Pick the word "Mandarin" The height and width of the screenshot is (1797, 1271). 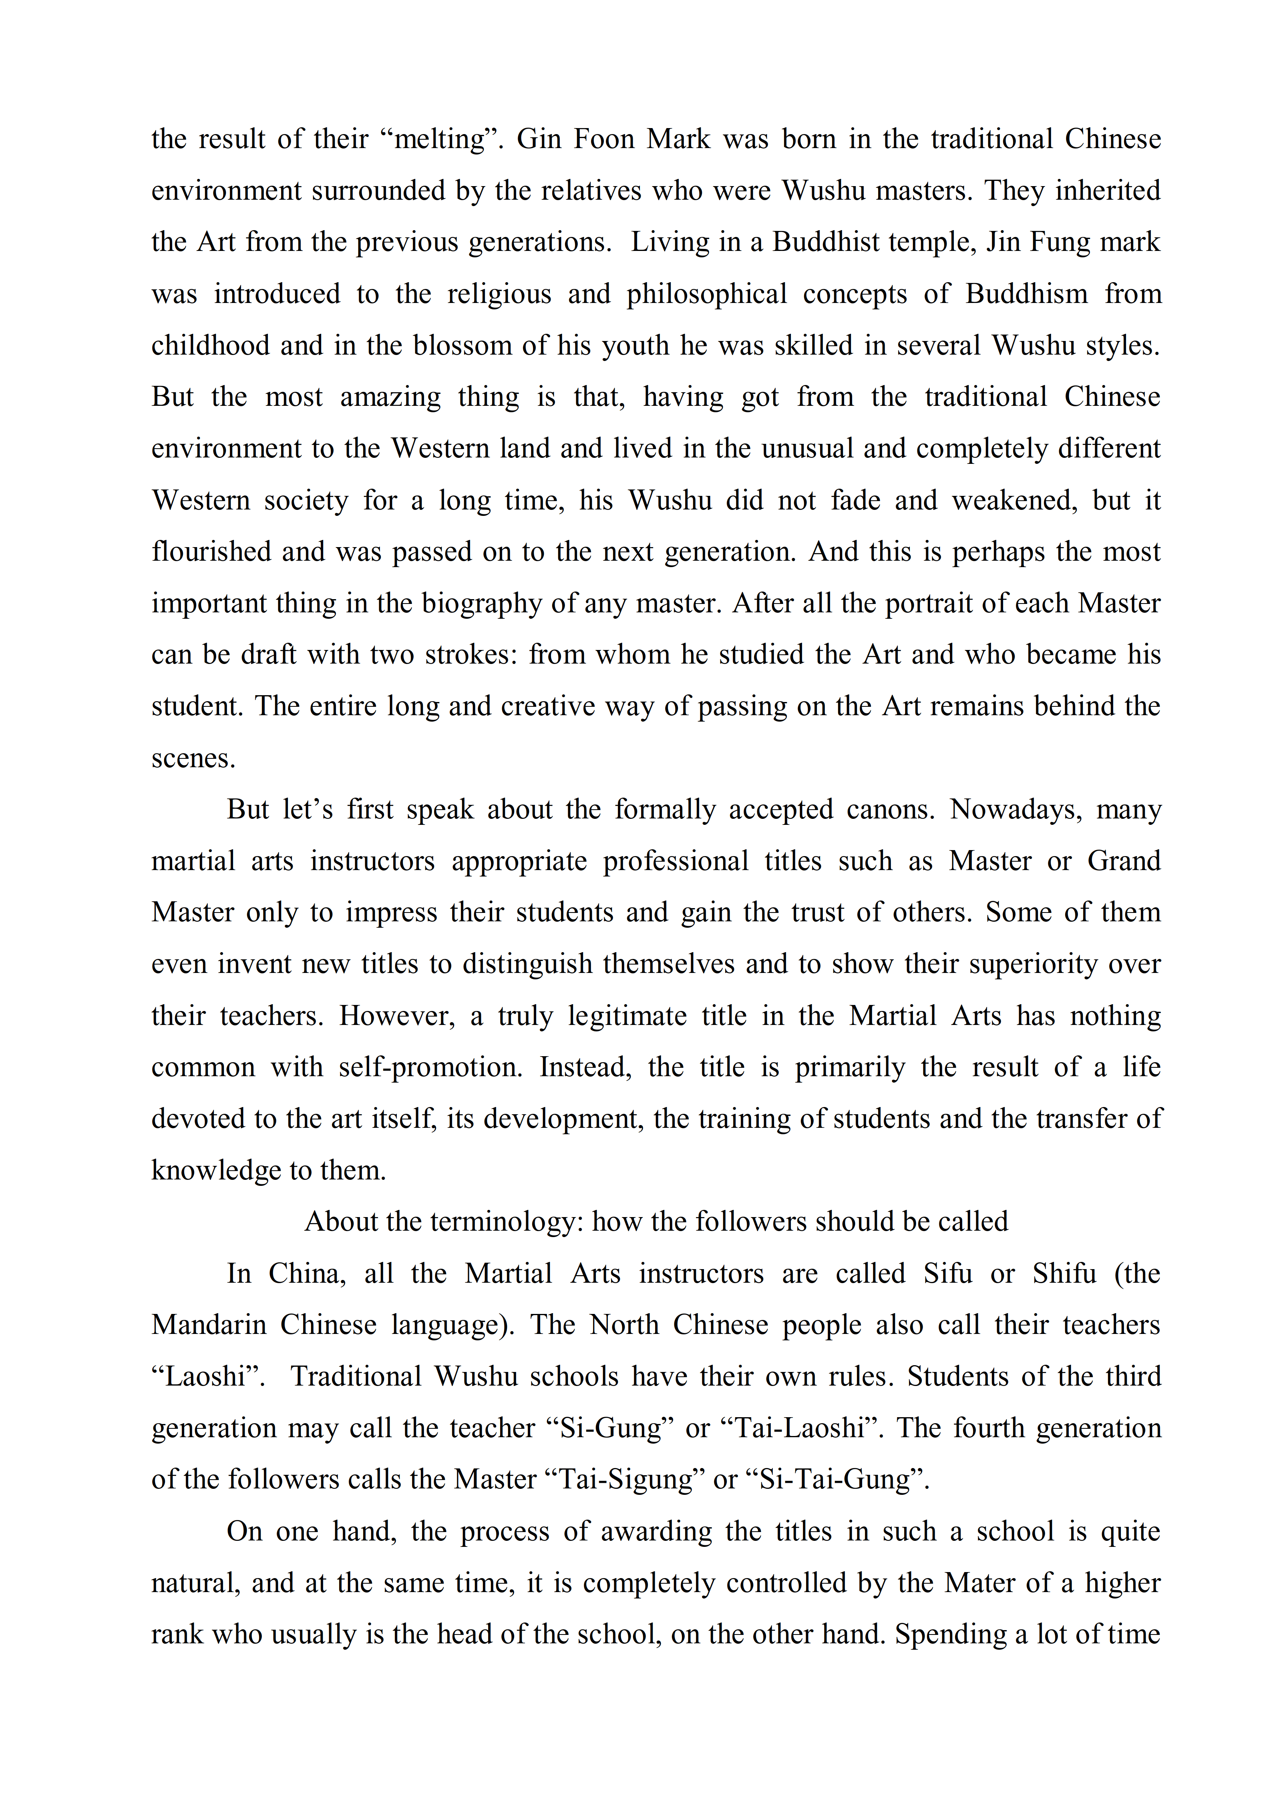209,1325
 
